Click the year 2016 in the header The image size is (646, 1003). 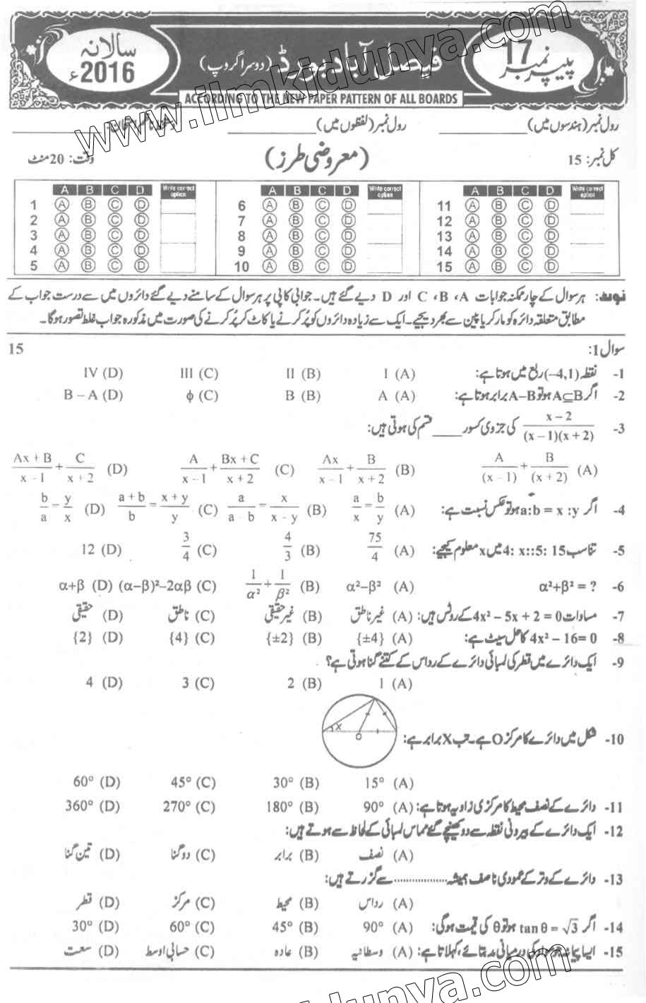click(x=112, y=73)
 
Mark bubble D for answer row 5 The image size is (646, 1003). click(x=140, y=265)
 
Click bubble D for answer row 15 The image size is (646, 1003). click(x=551, y=266)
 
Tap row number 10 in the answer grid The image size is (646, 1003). click(x=241, y=267)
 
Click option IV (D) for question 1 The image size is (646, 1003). click(x=103, y=373)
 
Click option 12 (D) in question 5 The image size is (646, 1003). click(x=101, y=549)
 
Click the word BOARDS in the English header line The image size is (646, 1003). click(x=429, y=99)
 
